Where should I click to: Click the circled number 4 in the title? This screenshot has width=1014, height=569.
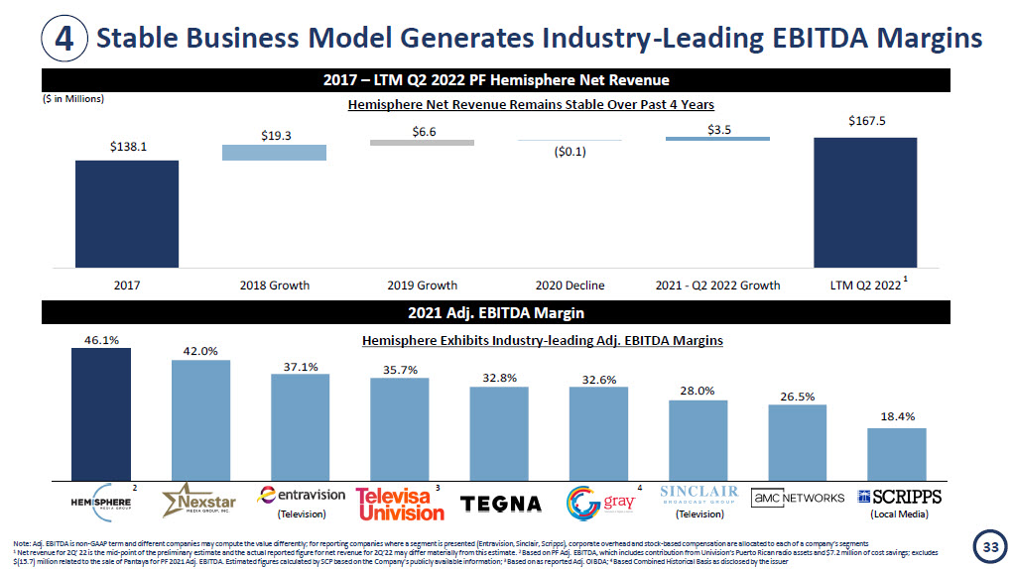click(63, 39)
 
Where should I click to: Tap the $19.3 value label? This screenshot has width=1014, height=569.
click(274, 136)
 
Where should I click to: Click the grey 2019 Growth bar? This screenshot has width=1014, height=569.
click(422, 143)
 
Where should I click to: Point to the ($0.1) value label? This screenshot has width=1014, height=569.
click(570, 152)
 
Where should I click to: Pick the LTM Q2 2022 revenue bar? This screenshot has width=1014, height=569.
click(865, 202)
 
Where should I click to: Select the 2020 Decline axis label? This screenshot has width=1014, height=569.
click(570, 285)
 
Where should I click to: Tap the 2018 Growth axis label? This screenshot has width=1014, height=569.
click(275, 285)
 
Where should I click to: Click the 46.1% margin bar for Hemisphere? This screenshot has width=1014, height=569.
click(101, 413)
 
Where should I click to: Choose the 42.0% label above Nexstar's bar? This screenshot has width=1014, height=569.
click(200, 351)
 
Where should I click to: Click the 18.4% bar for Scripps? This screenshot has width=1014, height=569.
click(896, 453)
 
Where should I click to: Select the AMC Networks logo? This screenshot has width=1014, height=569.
click(797, 497)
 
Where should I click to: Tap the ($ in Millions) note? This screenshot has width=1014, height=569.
click(73, 99)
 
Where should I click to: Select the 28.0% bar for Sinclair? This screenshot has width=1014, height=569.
click(697, 439)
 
